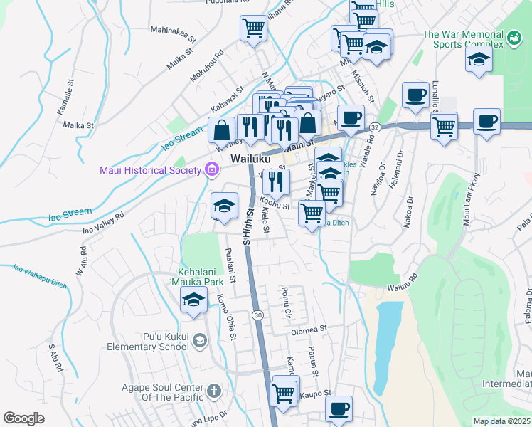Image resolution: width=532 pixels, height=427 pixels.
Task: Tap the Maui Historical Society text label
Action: pos(149,169)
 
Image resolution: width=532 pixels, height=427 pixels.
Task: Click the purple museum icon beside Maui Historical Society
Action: pos(211,169)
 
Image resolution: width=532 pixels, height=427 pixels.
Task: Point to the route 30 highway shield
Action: pos(257,315)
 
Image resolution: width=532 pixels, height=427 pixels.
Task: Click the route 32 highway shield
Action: pos(375,127)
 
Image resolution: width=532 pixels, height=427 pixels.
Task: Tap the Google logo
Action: pos(23,418)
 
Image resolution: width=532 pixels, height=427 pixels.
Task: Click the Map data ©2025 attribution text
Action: pos(501,421)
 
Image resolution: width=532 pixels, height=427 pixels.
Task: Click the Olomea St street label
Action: pos(307,330)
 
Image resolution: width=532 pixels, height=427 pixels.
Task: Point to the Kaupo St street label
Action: pos(316,393)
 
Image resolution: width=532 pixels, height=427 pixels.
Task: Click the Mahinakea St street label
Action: pos(174,31)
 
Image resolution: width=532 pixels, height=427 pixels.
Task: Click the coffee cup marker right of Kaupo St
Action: pos(339,409)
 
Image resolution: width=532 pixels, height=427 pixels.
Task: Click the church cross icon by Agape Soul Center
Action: pos(213,391)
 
